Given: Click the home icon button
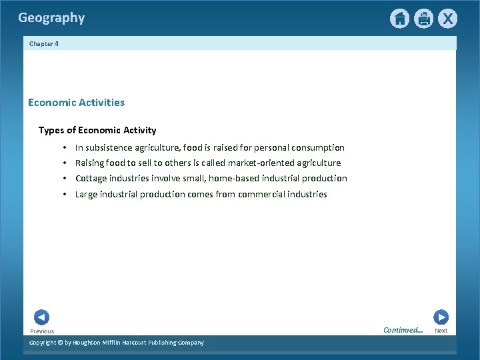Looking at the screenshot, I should tap(399, 19).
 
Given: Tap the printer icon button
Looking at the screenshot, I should tap(423, 19).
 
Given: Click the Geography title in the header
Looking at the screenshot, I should tap(51, 18).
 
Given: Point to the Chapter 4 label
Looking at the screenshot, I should tap(44, 44).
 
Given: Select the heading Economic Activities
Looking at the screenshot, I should tap(76, 103).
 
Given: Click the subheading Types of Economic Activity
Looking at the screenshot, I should tap(97, 130).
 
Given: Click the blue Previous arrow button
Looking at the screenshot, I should tap(41, 318).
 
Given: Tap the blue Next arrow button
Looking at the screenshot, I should tap(441, 317).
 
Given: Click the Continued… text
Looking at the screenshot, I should tap(403, 330).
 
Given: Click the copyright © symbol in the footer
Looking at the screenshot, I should tap(59, 343).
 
